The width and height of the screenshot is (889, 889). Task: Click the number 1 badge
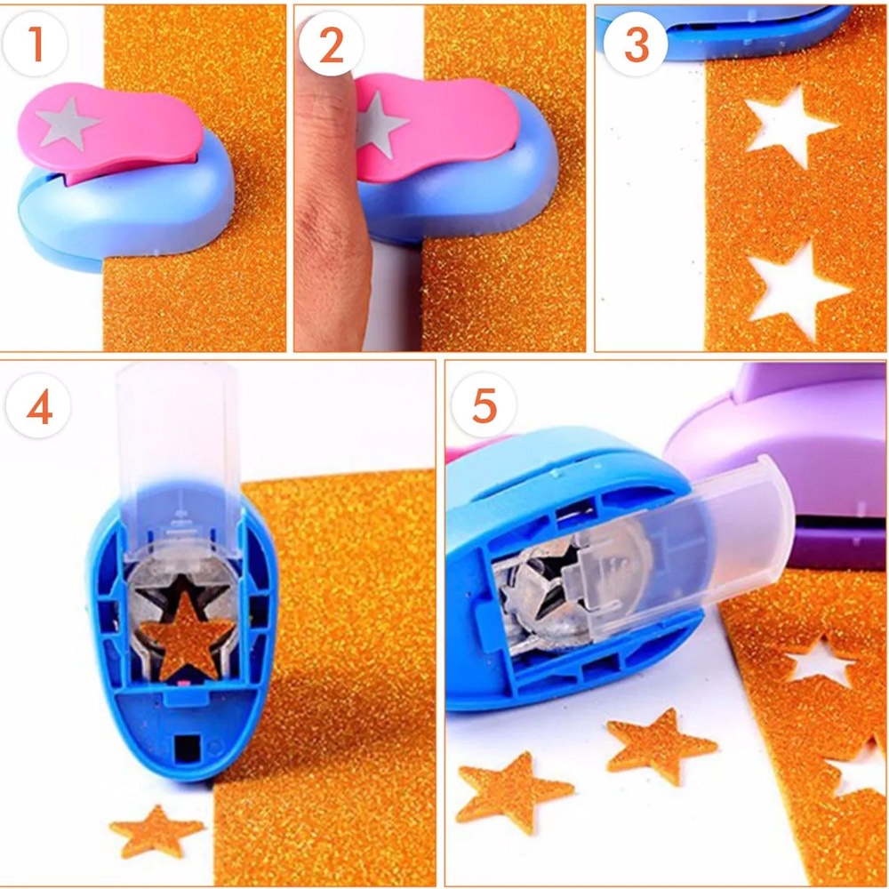pos(35,44)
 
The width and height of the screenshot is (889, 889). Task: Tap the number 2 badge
pos(331,44)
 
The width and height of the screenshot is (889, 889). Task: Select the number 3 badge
pos(636,44)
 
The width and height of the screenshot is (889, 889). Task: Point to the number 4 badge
pos(38,406)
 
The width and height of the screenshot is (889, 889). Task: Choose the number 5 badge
pos(484,406)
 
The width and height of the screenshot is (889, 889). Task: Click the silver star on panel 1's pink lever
pos(66,123)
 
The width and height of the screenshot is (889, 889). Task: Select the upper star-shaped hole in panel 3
pos(788,126)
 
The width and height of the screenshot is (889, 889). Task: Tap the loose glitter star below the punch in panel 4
pos(156,831)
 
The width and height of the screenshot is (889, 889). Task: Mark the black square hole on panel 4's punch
pos(187,749)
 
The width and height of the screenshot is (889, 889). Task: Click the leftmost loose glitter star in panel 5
pos(513,792)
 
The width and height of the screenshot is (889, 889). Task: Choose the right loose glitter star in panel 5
pos(660,745)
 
